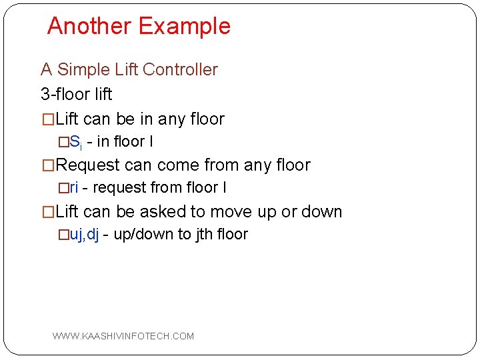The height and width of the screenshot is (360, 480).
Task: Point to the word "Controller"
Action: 180,69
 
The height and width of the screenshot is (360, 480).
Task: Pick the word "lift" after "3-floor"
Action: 102,94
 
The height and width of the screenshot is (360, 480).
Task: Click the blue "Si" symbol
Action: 75,142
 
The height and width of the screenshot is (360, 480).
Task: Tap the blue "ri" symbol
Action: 74,188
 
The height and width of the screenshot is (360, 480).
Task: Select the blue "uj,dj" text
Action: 84,235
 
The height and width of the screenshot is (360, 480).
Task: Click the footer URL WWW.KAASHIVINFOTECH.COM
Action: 123,336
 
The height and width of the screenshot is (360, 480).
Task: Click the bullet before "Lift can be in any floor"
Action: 48,119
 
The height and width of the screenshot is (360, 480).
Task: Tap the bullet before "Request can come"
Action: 48,165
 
